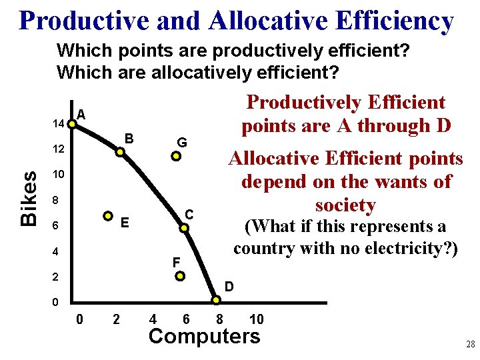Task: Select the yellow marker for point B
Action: [120, 152]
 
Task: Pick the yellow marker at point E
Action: [108, 215]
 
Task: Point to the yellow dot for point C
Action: [186, 228]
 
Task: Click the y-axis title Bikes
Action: [29, 198]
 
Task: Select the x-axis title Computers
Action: [205, 336]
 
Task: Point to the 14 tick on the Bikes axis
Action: [58, 124]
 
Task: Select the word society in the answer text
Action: [346, 205]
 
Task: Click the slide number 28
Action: [470, 345]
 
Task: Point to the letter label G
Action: [181, 142]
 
